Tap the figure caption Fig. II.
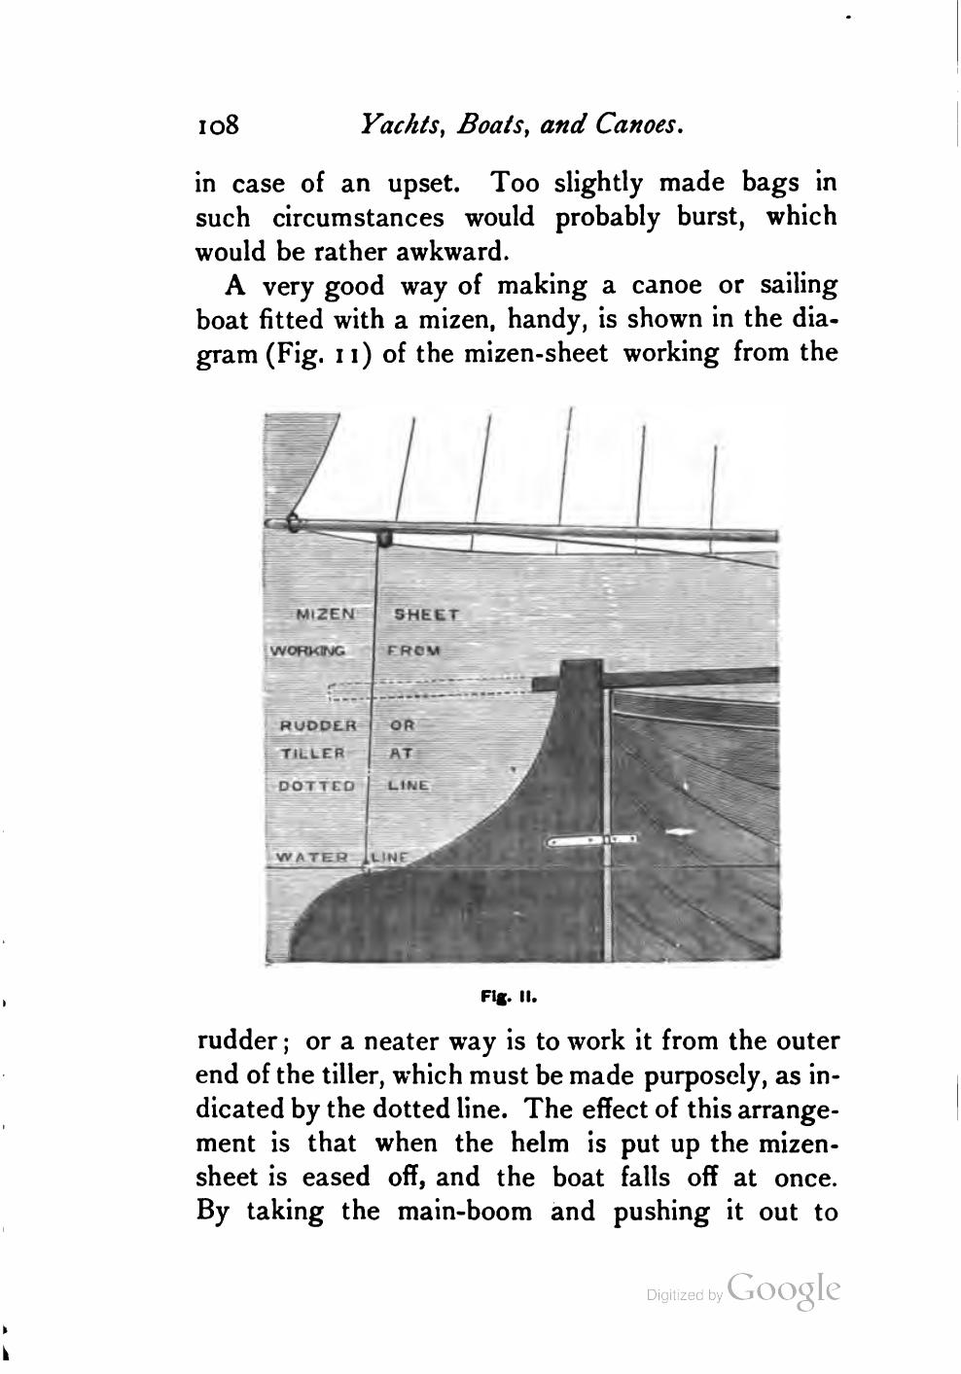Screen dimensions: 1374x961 (508, 997)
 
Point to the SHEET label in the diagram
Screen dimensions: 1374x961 (425, 615)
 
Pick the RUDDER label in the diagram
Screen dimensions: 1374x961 (319, 725)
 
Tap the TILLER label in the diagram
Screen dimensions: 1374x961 (312, 753)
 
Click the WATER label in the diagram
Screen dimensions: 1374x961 (312, 857)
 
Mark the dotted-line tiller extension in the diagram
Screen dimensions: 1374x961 (428, 687)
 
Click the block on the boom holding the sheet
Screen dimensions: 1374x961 (385, 536)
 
